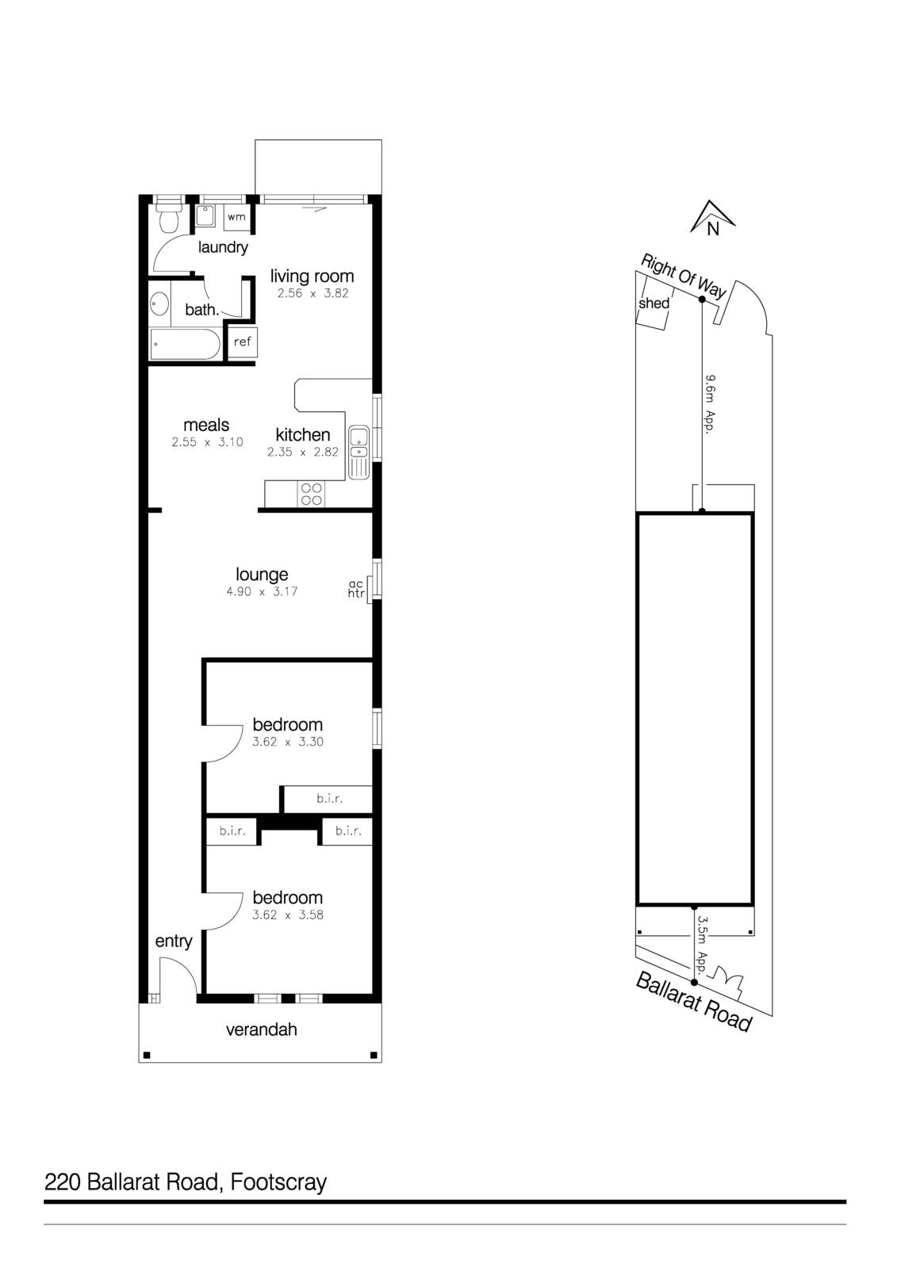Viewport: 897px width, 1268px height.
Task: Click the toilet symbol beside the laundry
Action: [x=167, y=219]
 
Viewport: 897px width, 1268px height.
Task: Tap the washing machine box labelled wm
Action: [x=236, y=217]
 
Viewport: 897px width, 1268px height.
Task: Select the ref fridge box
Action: [x=242, y=342]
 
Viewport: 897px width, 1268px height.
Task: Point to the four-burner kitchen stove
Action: [x=311, y=494]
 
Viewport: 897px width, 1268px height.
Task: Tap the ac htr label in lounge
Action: [x=356, y=589]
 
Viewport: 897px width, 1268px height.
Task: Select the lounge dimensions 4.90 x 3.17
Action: [x=262, y=591]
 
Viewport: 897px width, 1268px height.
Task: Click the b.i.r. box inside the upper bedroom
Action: [x=329, y=799]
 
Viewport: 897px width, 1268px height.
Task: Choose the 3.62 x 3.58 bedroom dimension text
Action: [x=287, y=915]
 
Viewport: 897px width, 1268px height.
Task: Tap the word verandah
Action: [x=262, y=1029]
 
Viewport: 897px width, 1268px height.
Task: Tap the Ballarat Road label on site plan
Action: [x=693, y=1002]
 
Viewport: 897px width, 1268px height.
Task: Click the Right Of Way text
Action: [x=683, y=276]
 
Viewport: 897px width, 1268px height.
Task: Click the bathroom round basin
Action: [x=159, y=303]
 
